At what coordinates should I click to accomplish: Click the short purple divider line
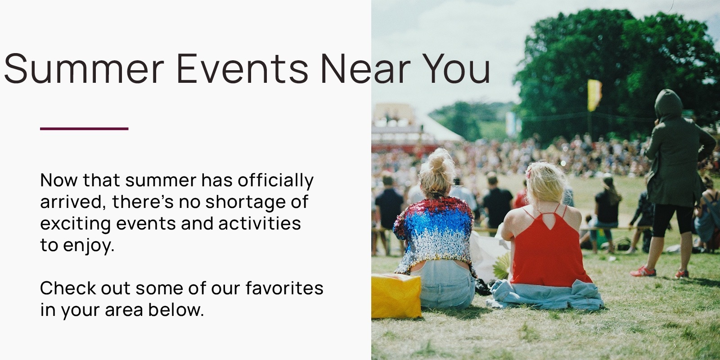tap(84, 129)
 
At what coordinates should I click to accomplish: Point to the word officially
tap(275, 180)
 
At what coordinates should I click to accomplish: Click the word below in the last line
tap(176, 310)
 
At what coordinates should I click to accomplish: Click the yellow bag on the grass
tap(396, 296)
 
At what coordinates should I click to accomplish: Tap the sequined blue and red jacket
tap(434, 234)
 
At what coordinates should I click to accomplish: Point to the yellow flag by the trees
tap(594, 95)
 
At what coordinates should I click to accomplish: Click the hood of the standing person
tap(669, 103)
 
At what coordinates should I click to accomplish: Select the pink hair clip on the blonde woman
tap(528, 174)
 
